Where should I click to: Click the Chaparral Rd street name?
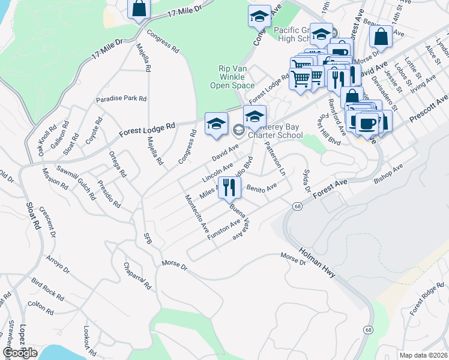136,275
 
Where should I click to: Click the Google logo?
20,353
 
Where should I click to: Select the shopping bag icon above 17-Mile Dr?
138,9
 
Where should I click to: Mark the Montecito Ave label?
197,214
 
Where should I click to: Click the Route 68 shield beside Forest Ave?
297,206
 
